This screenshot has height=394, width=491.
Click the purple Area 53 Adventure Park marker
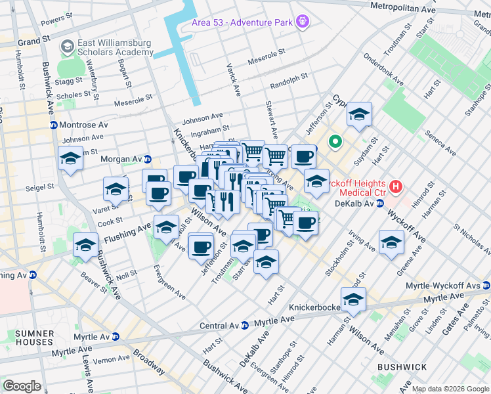point(302,22)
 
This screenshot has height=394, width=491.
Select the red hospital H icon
point(395,187)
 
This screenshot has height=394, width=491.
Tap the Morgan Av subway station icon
point(148,159)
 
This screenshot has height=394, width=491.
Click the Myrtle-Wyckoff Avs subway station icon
point(485,286)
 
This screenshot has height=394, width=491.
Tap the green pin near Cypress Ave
point(335,141)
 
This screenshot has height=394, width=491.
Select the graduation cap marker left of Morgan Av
point(70,158)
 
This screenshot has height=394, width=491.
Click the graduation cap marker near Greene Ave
point(391,243)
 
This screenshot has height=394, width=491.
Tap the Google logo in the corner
point(22,386)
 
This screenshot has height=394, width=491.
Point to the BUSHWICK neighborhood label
point(401,367)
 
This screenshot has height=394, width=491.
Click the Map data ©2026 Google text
point(450,389)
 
